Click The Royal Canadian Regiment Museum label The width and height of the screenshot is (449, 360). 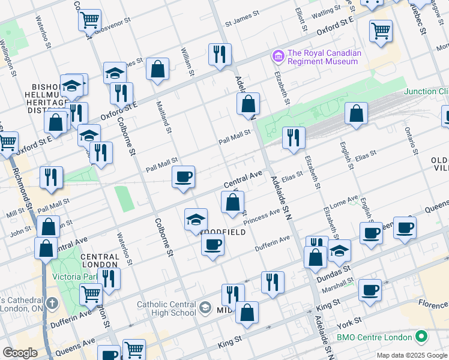click(324, 57)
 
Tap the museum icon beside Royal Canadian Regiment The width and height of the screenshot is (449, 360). click(278, 56)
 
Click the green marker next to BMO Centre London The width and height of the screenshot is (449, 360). click(421, 337)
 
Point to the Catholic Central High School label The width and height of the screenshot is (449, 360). click(166, 308)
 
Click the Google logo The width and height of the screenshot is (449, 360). click(20, 353)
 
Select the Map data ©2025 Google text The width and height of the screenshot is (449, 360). click(411, 355)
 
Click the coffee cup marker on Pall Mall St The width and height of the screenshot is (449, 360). click(183, 177)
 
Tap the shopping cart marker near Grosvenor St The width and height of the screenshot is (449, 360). click(89, 20)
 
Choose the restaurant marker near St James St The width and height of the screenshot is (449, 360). click(220, 54)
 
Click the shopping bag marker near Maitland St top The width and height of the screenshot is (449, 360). click(157, 68)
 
